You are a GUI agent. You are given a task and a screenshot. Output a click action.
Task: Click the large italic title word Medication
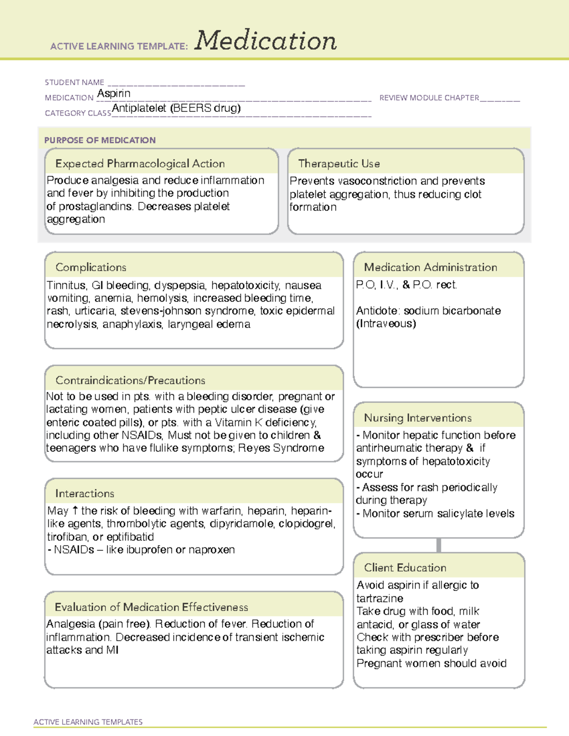point(266,41)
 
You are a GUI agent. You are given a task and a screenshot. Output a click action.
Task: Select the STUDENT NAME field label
point(74,82)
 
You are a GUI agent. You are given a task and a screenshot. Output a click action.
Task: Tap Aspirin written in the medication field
point(114,93)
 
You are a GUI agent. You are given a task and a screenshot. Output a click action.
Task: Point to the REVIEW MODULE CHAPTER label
point(429,98)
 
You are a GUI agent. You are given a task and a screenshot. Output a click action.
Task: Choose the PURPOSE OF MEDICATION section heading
point(100,140)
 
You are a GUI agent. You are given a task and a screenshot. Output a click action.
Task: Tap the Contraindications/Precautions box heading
point(130,380)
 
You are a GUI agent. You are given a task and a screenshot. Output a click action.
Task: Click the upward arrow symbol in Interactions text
point(75,511)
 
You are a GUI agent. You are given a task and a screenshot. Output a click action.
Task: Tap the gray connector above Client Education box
point(439,545)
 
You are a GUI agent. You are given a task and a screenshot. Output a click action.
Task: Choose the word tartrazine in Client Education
point(380,599)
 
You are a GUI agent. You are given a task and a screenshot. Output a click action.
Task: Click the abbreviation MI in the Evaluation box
point(112,650)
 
